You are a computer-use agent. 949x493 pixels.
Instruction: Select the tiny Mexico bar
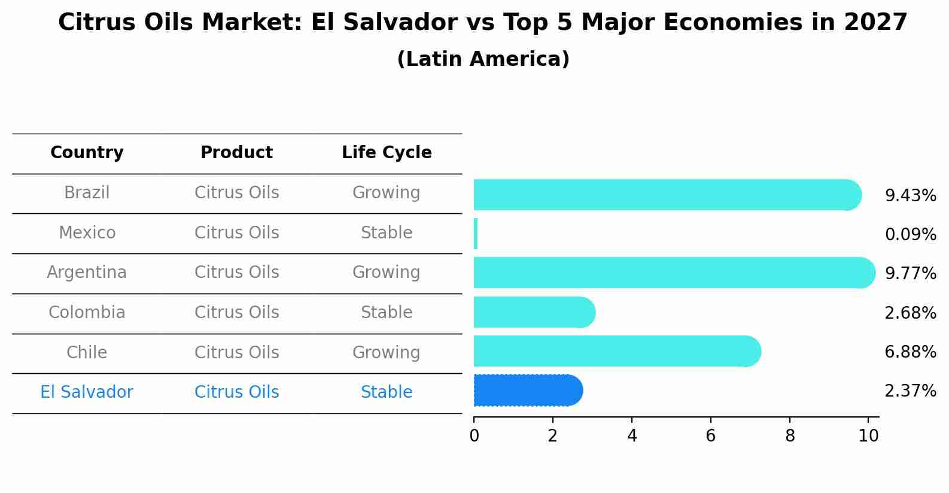point(476,234)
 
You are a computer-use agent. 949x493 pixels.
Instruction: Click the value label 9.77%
point(910,274)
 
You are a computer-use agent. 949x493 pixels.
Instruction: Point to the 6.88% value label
point(910,352)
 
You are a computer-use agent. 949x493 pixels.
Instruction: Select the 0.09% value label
point(910,235)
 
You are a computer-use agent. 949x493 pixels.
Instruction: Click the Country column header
point(87,153)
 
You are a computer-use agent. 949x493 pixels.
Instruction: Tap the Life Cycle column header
point(387,153)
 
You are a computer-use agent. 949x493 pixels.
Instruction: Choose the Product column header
point(236,153)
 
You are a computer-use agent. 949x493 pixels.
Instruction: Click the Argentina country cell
point(87,273)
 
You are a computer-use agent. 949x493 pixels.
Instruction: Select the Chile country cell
point(87,352)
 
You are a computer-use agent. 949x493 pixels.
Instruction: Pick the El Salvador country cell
point(87,392)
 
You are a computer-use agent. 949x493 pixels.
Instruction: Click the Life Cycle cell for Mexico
point(387,232)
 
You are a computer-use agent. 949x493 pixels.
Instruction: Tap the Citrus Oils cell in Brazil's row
point(236,193)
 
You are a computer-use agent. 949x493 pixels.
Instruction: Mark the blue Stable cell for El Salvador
point(387,392)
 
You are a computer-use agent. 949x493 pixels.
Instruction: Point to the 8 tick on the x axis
point(790,435)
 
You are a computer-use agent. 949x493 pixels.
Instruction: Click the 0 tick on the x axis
point(474,435)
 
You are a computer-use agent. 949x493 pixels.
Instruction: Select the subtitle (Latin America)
point(483,59)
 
